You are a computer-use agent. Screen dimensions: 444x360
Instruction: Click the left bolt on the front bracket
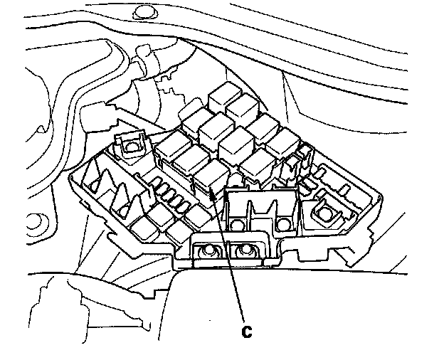(211, 252)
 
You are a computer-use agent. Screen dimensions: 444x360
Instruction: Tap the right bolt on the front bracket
(248, 251)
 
